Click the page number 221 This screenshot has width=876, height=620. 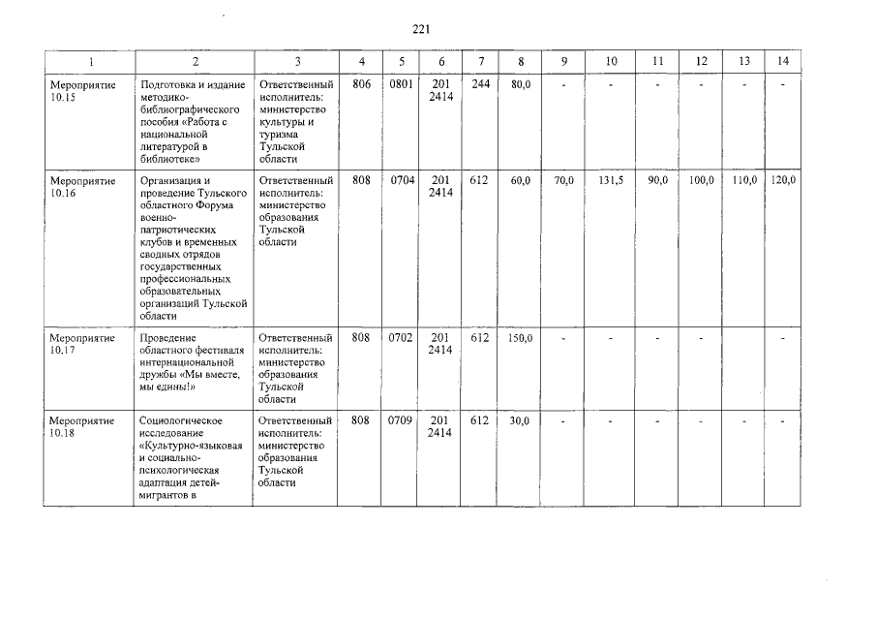(421, 30)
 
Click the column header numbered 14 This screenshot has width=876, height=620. (782, 62)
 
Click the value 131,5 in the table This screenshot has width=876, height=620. (611, 181)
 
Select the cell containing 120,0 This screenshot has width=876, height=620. (782, 181)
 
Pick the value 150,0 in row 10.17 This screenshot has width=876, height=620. (521, 338)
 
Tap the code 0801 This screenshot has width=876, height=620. (402, 85)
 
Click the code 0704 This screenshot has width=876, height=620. (402, 181)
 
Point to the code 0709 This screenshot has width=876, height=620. (402, 421)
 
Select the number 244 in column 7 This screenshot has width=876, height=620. (480, 85)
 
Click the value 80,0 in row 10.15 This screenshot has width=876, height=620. (522, 85)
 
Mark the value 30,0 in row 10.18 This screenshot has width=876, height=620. (521, 421)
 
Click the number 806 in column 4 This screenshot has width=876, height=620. (361, 85)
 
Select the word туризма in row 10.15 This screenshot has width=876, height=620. (278, 135)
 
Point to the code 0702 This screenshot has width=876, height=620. (402, 338)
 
